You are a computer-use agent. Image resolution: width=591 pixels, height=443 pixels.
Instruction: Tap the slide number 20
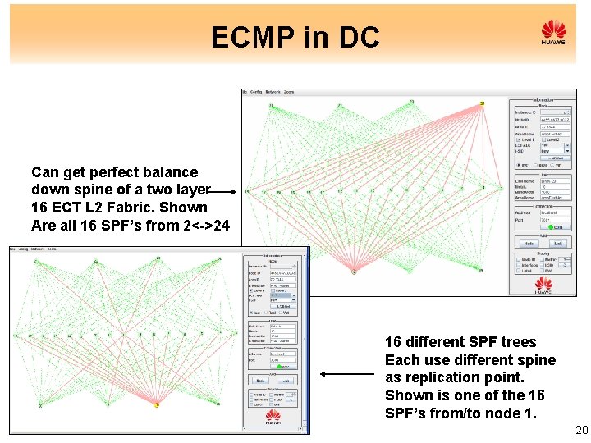tap(582, 431)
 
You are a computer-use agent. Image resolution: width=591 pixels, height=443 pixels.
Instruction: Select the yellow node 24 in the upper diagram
tap(482, 103)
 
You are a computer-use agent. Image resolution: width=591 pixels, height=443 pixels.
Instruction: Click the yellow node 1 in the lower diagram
tap(157, 404)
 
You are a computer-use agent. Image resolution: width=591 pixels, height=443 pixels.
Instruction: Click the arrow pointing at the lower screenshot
tap(346, 374)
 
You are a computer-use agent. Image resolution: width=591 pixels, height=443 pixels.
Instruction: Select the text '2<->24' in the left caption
tap(204, 226)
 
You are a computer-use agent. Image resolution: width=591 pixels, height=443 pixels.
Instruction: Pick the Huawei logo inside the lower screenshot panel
tap(273, 418)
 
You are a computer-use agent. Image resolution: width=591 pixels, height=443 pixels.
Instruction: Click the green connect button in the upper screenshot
tap(557, 226)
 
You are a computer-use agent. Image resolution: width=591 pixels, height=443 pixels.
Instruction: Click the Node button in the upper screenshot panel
tap(529, 244)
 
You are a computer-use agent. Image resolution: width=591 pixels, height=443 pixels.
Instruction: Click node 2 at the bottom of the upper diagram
tap(355, 271)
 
